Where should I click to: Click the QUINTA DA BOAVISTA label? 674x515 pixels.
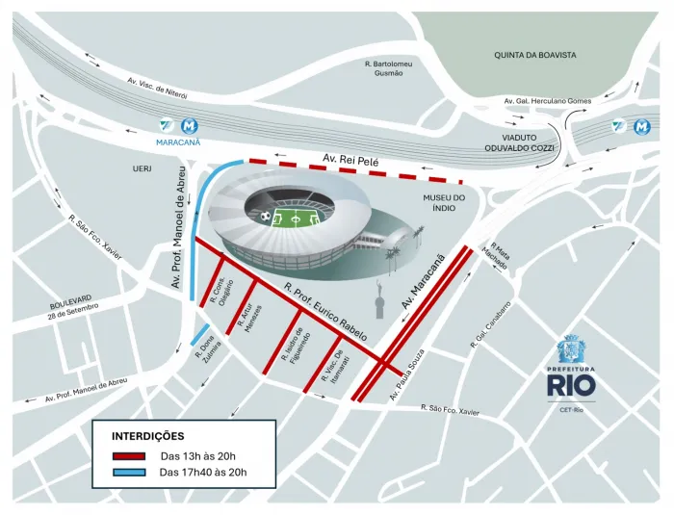[x=534, y=55]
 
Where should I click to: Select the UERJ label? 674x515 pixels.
[x=143, y=167]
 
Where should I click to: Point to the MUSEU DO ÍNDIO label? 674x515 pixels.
[x=443, y=204]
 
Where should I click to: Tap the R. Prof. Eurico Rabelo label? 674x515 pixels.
[x=325, y=313]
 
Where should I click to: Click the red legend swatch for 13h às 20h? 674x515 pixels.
[x=129, y=456]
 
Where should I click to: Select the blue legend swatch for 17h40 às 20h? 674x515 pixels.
[x=129, y=473]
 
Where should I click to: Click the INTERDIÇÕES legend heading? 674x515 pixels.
[x=148, y=436]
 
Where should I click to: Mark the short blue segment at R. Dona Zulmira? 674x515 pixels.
[x=201, y=336]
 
